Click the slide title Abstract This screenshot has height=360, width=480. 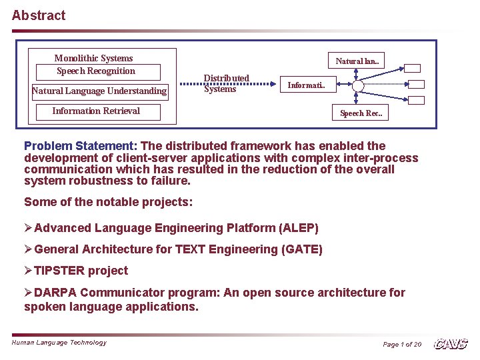[x=39, y=15]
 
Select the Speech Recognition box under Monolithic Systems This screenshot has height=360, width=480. [x=96, y=71]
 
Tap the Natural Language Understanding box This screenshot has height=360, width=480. [x=99, y=91]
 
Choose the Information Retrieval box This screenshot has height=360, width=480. [x=97, y=111]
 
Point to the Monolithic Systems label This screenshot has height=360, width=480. [x=93, y=58]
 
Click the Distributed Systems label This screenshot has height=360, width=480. [x=226, y=83]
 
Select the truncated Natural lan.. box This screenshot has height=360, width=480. [x=358, y=61]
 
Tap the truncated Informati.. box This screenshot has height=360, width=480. [x=306, y=85]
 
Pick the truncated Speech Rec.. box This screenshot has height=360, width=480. [x=361, y=113]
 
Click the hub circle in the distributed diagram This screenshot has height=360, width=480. [x=359, y=86]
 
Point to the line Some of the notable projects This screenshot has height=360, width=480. [x=108, y=202]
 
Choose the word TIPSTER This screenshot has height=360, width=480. [x=59, y=271]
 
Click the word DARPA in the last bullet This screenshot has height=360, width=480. [x=55, y=293]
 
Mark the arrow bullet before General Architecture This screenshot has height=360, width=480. [x=28, y=249]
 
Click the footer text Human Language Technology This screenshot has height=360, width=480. [x=59, y=343]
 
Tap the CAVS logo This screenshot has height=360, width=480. [x=451, y=344]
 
